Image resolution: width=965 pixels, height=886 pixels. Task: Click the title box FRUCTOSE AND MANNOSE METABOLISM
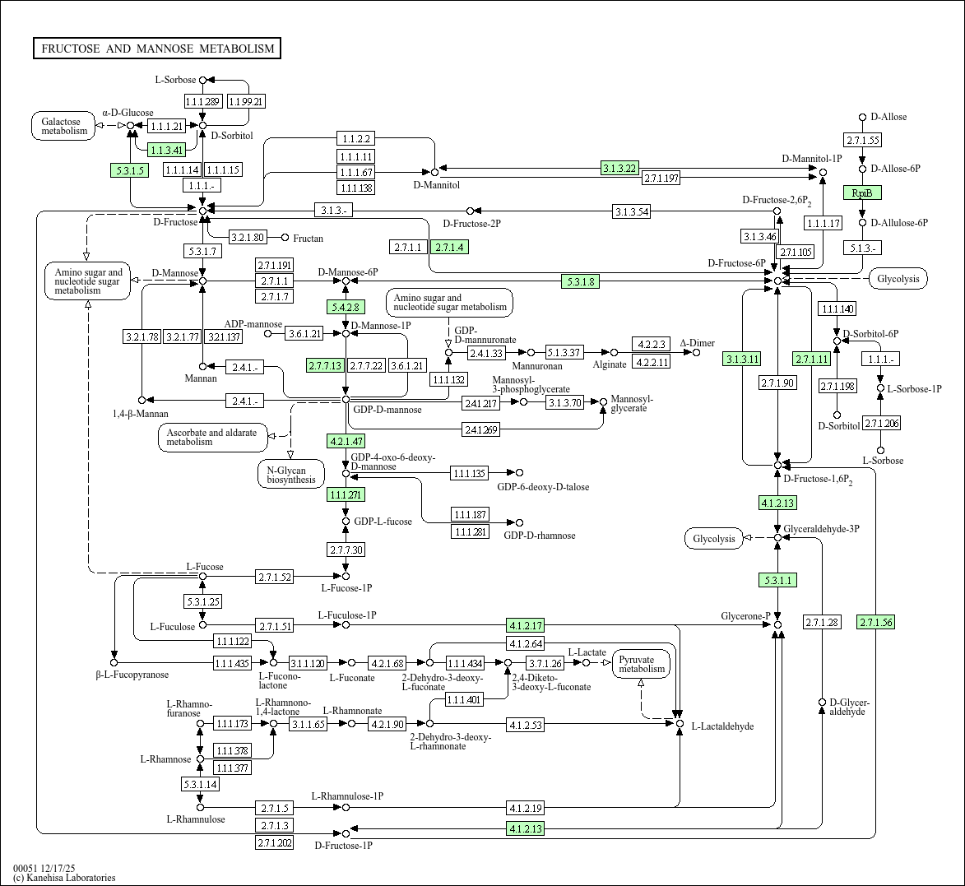click(157, 49)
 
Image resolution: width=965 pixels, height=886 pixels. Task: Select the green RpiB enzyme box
click(862, 193)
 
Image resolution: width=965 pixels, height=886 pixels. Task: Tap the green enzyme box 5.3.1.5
click(128, 170)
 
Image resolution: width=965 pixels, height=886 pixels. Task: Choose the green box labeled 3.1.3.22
click(619, 168)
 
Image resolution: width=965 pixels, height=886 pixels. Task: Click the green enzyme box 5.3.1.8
click(580, 281)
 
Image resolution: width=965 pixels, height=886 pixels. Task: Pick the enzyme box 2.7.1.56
click(875, 622)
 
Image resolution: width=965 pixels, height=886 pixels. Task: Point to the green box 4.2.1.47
click(346, 440)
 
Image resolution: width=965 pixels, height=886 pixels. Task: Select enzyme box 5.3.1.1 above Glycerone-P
click(777, 580)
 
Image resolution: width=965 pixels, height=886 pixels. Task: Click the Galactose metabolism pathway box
click(64, 126)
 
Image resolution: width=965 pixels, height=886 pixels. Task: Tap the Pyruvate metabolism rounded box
click(642, 664)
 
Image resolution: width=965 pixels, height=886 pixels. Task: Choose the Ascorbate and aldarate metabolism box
click(211, 437)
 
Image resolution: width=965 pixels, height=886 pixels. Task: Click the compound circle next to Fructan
click(285, 238)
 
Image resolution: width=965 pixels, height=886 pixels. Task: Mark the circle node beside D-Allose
click(862, 118)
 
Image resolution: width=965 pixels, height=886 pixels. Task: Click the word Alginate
click(609, 364)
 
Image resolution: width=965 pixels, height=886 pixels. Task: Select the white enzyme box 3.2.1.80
click(248, 238)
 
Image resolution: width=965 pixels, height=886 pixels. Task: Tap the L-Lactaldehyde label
click(721, 726)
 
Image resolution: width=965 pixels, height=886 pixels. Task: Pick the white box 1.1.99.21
click(246, 101)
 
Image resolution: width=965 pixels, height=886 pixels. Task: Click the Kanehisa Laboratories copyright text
click(64, 878)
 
